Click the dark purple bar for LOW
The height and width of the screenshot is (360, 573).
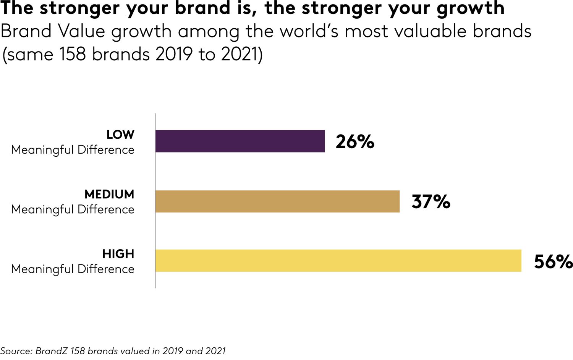pyautogui.click(x=240, y=141)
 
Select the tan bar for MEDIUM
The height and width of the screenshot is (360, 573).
pyautogui.click(x=277, y=201)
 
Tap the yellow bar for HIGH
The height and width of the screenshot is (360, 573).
pyautogui.click(x=338, y=261)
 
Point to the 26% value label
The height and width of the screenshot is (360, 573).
pyautogui.click(x=355, y=142)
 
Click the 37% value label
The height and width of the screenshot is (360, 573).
pyautogui.click(x=431, y=201)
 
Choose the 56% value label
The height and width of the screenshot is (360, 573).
pyautogui.click(x=553, y=262)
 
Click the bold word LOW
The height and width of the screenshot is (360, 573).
pyautogui.click(x=120, y=135)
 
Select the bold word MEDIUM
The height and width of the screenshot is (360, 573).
pyautogui.click(x=109, y=194)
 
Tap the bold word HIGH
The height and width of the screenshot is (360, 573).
pyautogui.click(x=118, y=254)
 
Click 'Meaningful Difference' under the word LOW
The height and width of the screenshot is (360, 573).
pyautogui.click(x=73, y=150)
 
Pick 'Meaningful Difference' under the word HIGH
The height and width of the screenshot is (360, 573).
pyautogui.click(x=73, y=269)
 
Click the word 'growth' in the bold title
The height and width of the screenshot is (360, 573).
pyautogui.click(x=471, y=8)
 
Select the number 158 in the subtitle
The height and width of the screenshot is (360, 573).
pyautogui.click(x=72, y=54)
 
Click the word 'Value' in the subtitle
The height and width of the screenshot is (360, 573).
pyautogui.click(x=82, y=31)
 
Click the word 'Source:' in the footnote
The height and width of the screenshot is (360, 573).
pyautogui.click(x=16, y=351)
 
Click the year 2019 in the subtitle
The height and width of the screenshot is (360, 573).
pyautogui.click(x=174, y=54)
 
